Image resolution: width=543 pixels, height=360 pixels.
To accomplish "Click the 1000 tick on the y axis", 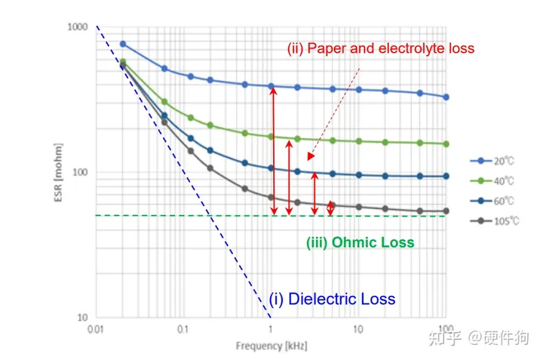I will tap(78, 27).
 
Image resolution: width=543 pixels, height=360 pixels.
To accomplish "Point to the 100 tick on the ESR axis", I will tap(81, 172).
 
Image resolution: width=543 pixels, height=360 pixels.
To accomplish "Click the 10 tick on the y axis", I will tap(83, 317).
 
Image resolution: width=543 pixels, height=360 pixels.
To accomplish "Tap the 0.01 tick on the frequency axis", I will tap(94, 330).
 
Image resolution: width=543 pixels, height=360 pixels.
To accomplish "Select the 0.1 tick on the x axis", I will tap(182, 330).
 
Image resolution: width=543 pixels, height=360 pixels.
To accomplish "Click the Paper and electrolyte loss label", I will tap(380, 49).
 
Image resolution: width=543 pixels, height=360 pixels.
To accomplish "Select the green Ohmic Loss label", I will tap(360, 243).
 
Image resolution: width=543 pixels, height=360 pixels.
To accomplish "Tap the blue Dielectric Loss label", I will tap(332, 299).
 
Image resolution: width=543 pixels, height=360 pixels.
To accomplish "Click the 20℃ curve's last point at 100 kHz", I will tap(446, 97).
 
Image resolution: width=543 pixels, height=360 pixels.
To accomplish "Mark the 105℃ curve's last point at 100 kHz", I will tap(446, 211).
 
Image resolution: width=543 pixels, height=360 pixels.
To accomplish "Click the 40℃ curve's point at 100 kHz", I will tap(446, 143).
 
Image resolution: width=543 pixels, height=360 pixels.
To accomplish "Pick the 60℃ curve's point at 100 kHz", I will tap(446, 176).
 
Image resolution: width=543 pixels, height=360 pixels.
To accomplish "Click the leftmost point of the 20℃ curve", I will tap(123, 44).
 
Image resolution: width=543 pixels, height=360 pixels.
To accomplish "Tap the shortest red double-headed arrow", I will tap(330, 208).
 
